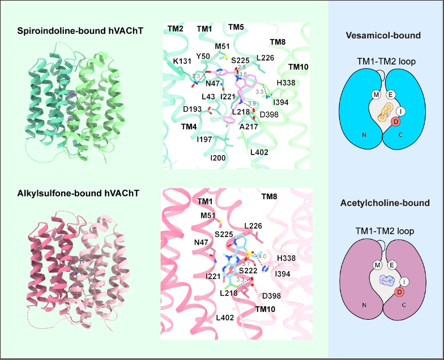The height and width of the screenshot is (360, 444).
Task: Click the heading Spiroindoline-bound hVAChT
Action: click(80, 31)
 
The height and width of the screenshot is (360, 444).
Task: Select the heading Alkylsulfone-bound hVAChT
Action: click(78, 194)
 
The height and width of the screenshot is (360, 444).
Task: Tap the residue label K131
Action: click(182, 61)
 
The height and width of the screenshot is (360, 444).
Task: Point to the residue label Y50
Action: click(203, 57)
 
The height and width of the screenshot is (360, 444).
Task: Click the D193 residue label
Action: click(193, 109)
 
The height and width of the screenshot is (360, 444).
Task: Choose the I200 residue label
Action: click(217, 158)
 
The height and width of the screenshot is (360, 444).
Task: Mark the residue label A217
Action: click(249, 127)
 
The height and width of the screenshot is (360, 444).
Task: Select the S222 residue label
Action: click(248, 271)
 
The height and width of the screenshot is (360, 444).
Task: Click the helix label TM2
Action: click(176, 29)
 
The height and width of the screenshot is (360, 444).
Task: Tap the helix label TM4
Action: click(189, 127)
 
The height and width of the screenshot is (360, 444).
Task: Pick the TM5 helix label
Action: click(236, 27)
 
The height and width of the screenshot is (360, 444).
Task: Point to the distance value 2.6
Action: click(242, 67)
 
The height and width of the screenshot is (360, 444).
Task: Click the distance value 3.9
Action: click(251, 104)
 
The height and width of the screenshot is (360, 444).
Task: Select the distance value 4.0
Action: click(262, 256)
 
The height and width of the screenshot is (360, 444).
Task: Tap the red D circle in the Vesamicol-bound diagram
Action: click(395, 122)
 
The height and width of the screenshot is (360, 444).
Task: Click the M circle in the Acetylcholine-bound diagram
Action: click(377, 265)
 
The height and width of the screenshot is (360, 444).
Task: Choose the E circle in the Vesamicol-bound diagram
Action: click(391, 95)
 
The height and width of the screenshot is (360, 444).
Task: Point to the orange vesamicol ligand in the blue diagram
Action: click(386, 113)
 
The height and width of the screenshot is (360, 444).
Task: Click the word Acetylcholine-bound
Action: click(385, 203)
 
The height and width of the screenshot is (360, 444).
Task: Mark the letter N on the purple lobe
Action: click(365, 305)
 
